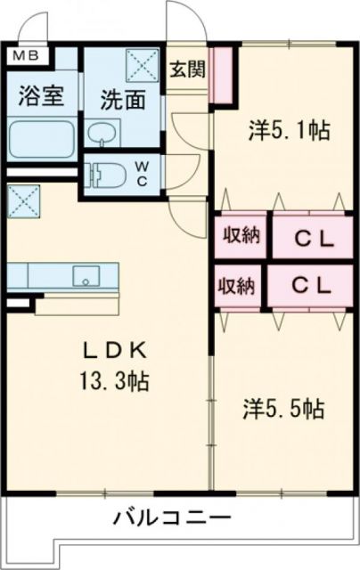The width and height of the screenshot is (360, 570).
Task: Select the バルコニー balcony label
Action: click(x=173, y=517)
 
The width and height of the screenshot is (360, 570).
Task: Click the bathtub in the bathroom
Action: click(x=41, y=140)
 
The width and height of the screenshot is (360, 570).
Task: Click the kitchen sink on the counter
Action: click(x=87, y=276)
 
